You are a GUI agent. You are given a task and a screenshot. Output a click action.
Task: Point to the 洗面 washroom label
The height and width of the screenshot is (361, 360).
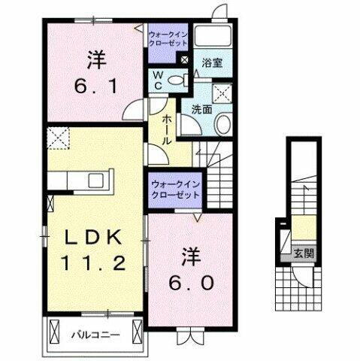(x=201, y=108)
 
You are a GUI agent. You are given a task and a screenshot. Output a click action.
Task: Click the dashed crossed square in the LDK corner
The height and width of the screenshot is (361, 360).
(x=59, y=138)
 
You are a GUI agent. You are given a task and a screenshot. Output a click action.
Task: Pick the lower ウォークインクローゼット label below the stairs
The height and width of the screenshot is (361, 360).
(x=174, y=188)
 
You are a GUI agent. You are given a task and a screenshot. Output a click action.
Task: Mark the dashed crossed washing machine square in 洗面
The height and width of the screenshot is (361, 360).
(x=223, y=93)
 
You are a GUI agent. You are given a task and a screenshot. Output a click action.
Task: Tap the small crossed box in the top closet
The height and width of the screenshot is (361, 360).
(x=184, y=59)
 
